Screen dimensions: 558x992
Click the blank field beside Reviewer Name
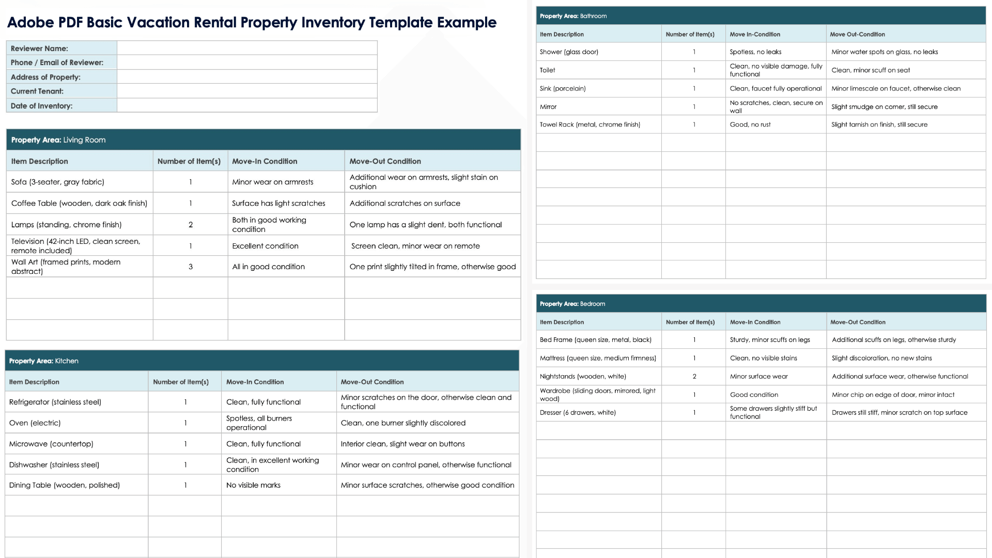pos(247,48)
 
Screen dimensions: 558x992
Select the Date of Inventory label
pos(41,106)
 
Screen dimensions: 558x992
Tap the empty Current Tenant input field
pos(247,91)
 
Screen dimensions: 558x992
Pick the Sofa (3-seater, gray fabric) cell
pos(58,182)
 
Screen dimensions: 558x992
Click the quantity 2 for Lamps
pos(191,225)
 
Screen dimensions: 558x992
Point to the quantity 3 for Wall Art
pos(191,267)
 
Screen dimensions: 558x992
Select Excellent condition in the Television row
pos(265,246)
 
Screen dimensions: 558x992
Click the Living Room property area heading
pos(58,140)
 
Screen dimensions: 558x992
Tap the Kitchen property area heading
pos(44,361)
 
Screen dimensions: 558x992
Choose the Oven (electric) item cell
pos(35,423)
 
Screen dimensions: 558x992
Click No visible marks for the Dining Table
pos(253,485)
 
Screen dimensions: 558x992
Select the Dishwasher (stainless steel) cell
pos(54,465)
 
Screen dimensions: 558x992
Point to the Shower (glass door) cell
pos(569,52)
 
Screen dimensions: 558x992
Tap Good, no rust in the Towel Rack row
pos(750,125)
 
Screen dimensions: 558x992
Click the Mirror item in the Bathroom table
pos(548,107)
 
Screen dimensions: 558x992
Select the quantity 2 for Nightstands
pos(694,377)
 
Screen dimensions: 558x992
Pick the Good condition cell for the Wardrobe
pos(754,395)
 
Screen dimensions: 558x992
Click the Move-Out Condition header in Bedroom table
pos(858,322)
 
